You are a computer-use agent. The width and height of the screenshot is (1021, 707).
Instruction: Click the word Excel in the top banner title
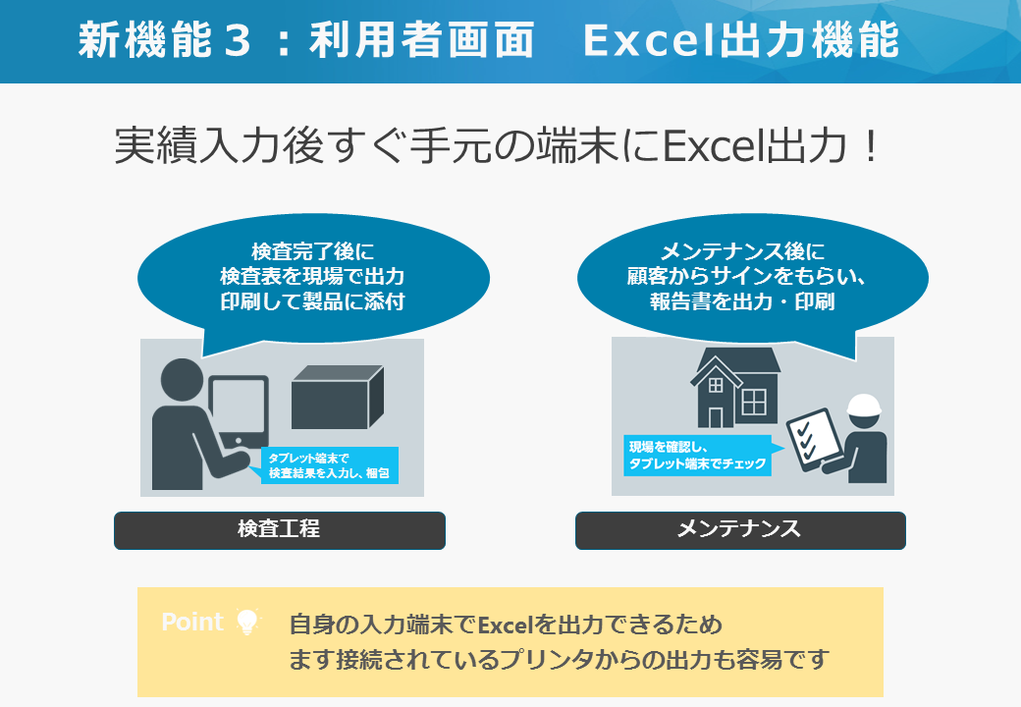(651, 40)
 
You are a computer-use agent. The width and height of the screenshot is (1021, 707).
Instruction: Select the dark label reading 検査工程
(280, 530)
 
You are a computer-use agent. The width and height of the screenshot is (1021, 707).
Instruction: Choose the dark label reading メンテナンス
(740, 530)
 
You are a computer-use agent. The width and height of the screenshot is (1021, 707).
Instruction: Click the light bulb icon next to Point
(247, 622)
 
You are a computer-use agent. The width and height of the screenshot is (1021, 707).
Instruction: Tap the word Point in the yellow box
(192, 622)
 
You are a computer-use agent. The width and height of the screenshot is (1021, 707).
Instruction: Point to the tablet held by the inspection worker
(239, 411)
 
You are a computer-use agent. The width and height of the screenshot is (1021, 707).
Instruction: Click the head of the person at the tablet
(182, 380)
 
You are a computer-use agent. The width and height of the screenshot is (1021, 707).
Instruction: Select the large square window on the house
(754, 402)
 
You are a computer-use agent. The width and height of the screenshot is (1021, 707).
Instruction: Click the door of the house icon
(716, 417)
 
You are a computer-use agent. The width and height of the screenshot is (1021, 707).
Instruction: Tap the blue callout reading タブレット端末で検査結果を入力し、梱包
(329, 465)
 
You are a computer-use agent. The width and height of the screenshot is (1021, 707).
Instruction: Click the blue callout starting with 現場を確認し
(698, 455)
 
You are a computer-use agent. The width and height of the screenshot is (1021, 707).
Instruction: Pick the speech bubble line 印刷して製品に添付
(312, 302)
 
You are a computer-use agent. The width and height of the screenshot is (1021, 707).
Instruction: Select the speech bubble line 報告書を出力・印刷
(741, 302)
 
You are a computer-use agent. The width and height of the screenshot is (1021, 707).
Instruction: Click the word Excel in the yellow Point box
(506, 625)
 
